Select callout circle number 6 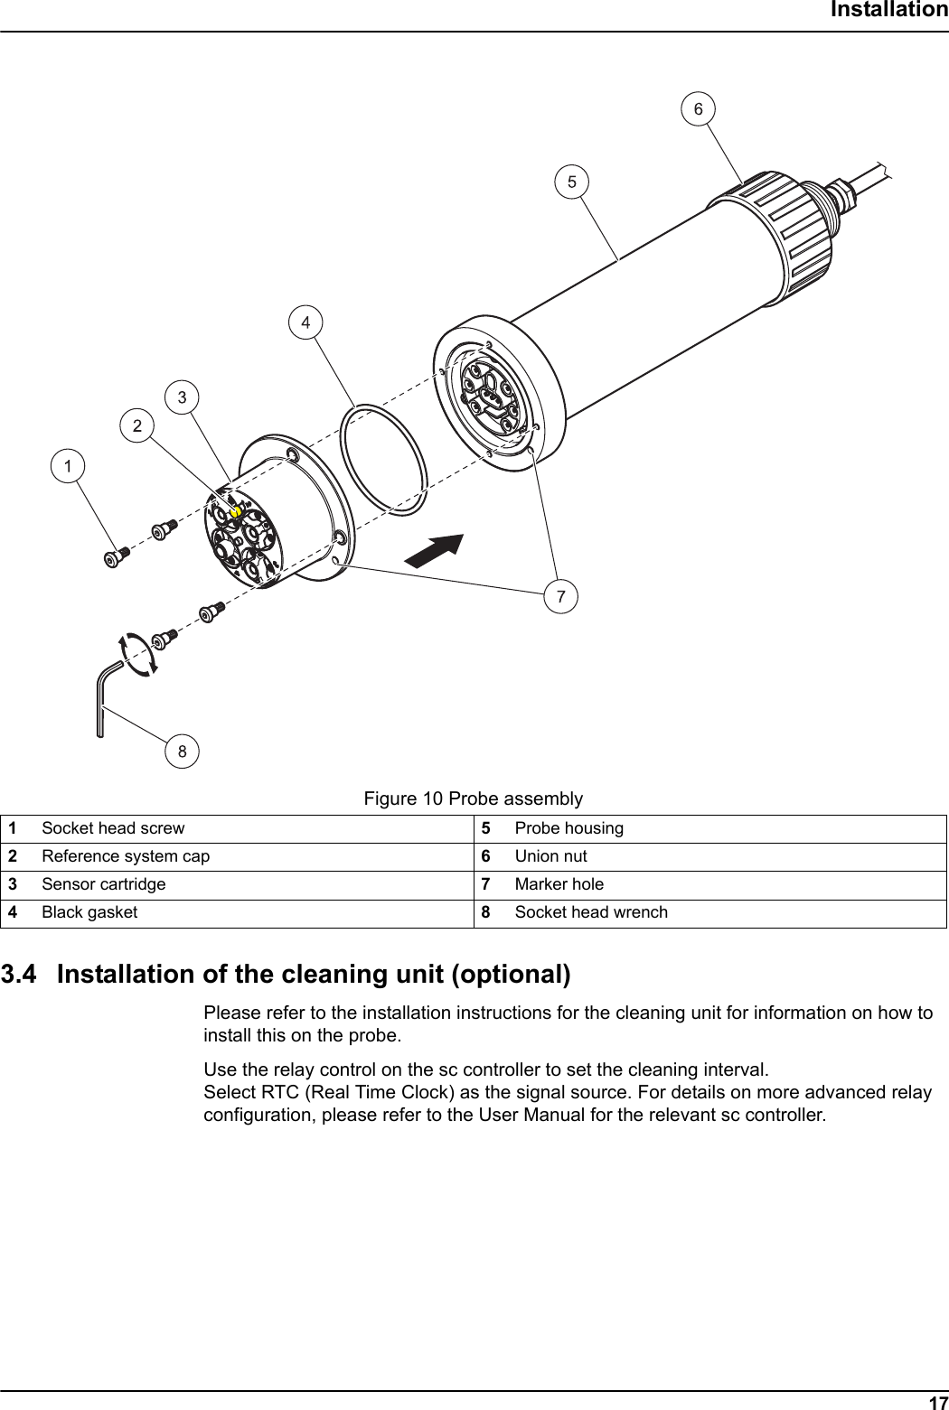coord(698,108)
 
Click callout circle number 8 coord(183,751)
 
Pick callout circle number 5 coord(571,181)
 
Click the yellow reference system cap coord(235,511)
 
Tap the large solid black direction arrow coord(435,550)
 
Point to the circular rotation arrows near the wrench coord(137,654)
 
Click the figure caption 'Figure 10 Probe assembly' coord(473,798)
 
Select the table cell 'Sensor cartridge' coord(104,884)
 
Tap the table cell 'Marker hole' coord(559,884)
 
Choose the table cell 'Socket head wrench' coord(591,912)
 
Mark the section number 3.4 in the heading coord(22,976)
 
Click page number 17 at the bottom coord(937,1402)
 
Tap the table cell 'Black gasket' coord(89,912)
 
